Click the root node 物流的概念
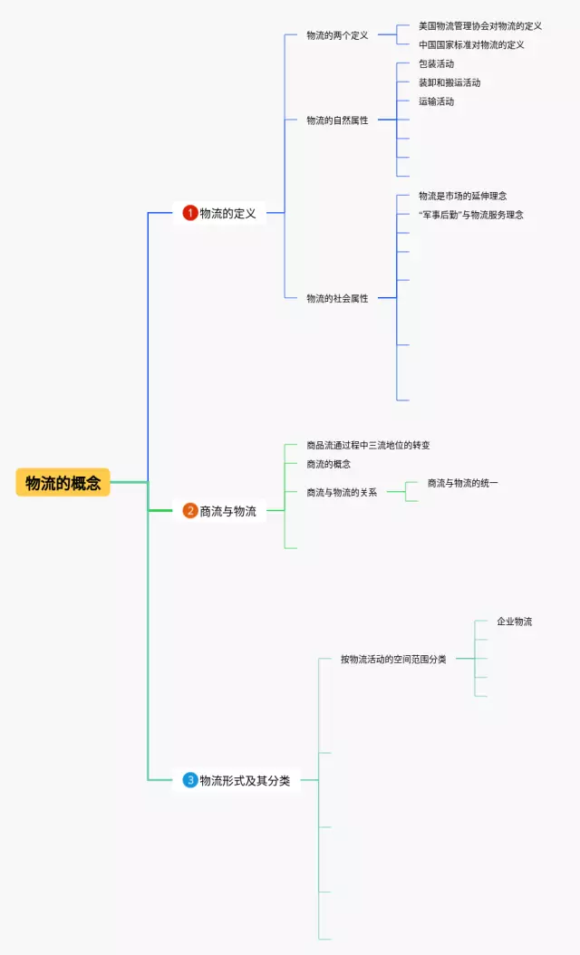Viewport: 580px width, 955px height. coord(63,483)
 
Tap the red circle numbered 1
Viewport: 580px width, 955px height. coord(190,213)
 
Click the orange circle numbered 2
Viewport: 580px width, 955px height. coord(190,511)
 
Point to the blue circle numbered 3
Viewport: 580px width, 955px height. coord(190,780)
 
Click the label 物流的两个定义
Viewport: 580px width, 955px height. coord(337,35)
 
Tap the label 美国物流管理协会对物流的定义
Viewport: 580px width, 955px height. coord(480,26)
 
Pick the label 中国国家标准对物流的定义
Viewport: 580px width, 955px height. coord(471,44)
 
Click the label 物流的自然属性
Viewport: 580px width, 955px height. coord(337,120)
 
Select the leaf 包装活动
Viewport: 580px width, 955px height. coord(437,63)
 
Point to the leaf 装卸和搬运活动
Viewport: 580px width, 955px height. coord(449,82)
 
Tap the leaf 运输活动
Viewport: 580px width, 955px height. coord(437,101)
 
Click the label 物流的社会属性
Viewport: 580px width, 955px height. coord(337,298)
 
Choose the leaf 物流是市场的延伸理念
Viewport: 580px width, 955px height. coord(462,196)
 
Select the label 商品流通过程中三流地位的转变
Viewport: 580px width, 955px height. coord(368,445)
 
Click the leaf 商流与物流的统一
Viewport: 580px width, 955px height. coord(462,483)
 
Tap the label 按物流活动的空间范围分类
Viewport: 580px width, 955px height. coord(393,659)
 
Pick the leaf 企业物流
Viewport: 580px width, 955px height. coord(515,622)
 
